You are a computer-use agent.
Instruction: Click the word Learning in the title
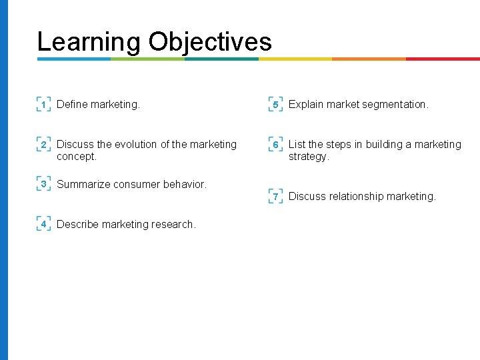[89, 42]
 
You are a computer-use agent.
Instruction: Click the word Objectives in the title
[210, 42]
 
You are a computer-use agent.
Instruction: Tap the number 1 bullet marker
[43, 105]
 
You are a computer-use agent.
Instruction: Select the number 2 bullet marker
[43, 145]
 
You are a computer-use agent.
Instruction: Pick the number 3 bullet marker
[43, 184]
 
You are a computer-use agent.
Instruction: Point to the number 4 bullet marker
[43, 224]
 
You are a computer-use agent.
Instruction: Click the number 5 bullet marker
[275, 105]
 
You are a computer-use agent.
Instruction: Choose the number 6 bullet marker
[275, 145]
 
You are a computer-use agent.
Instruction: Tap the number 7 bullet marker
[275, 196]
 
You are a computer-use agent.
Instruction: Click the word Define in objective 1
[72, 105]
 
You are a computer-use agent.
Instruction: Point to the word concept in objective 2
[75, 157]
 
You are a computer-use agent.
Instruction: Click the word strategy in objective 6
[307, 157]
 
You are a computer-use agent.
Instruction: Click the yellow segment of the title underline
[295, 59]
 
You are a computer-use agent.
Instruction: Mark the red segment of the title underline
[442, 59]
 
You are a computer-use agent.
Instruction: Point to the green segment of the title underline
[147, 59]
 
